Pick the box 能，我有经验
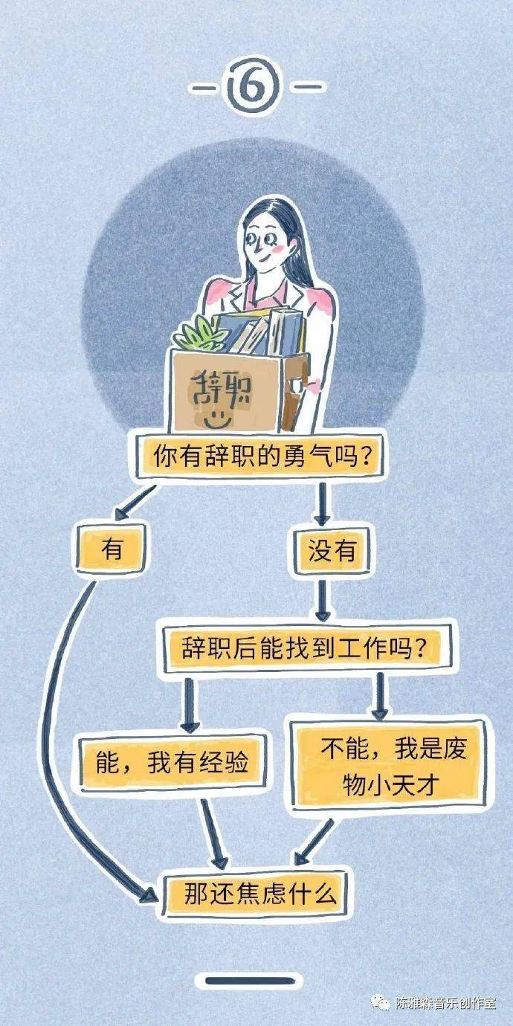pyautogui.click(x=172, y=763)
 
